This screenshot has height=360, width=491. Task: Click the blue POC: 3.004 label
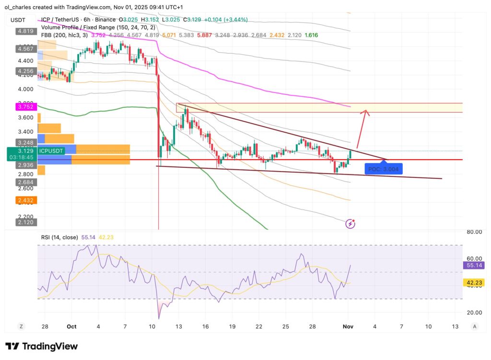[383, 169]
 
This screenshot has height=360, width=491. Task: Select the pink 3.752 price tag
[24, 107]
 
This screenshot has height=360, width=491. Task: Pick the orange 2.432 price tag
[24, 200]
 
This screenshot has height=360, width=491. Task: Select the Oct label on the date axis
[71, 326]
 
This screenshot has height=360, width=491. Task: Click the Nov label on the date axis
[348, 326]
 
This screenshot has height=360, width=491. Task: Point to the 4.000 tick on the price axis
[25, 89]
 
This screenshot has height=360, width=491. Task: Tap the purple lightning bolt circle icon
[351, 223]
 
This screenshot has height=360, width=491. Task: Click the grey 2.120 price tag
[24, 222]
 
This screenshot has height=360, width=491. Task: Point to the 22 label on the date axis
[259, 326]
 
